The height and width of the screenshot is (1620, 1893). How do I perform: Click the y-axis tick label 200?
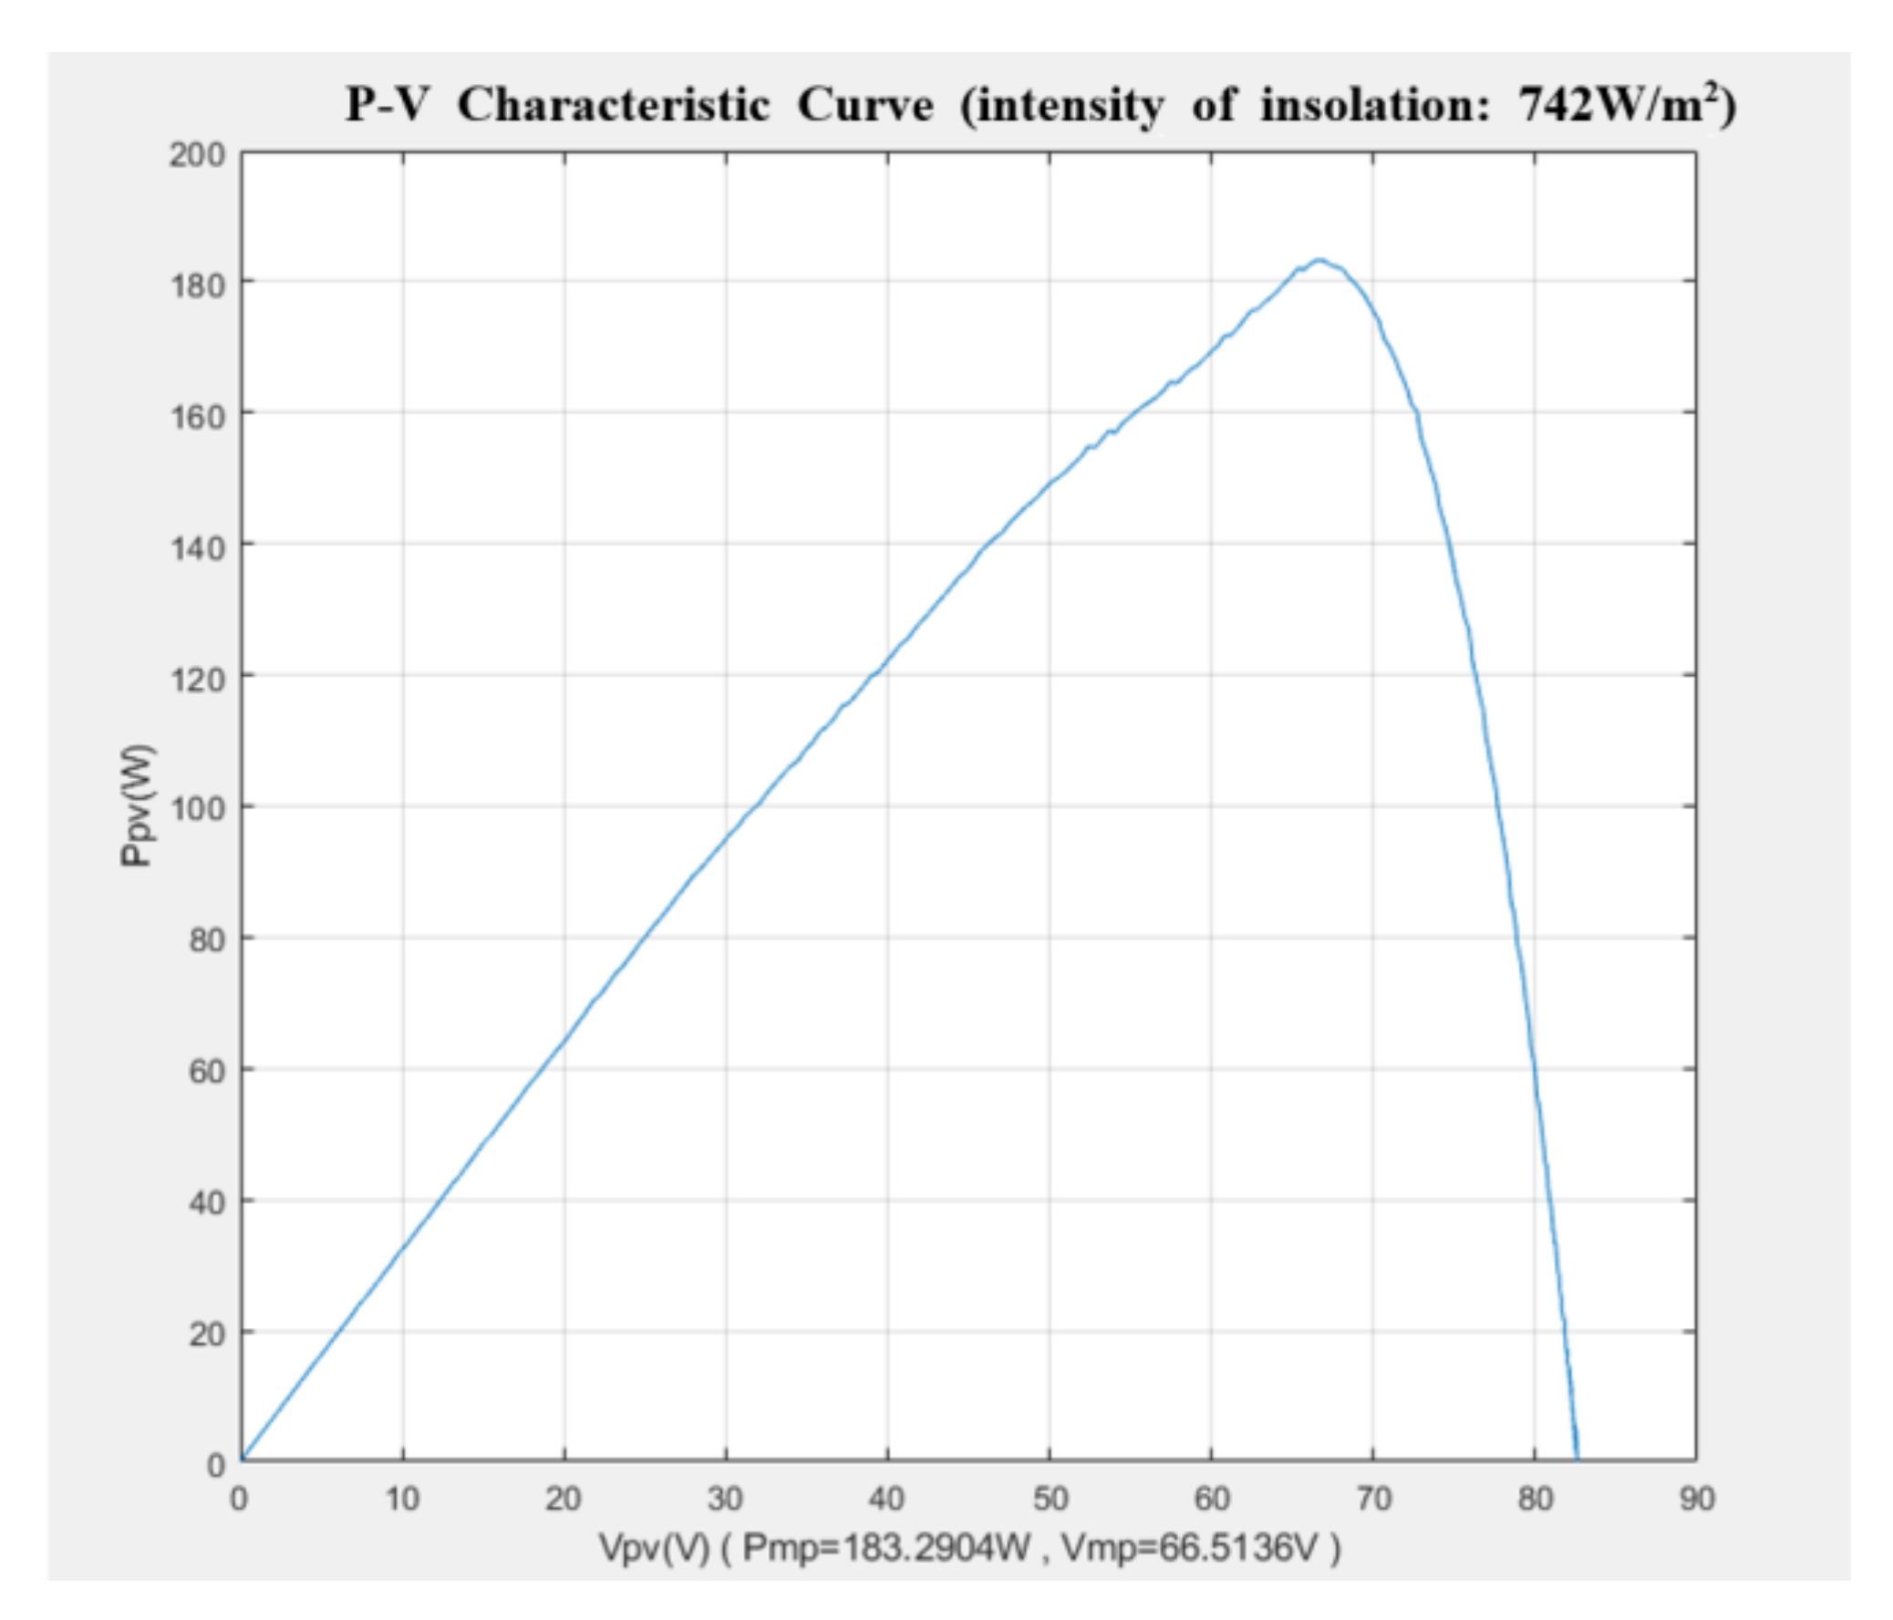pos(196,155)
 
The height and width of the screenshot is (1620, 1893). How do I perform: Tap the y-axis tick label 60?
pos(205,1071)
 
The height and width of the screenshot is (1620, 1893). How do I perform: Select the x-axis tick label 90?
pos(1697,1500)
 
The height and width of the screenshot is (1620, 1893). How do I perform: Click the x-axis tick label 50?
pos(1050,1500)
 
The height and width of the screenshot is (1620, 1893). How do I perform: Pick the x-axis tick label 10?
pos(402,1500)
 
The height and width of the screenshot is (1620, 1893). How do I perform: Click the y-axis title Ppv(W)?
pos(138,806)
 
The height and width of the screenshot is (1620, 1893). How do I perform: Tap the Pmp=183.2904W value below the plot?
pos(887,1549)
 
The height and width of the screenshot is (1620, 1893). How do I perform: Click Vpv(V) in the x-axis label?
pos(654,1549)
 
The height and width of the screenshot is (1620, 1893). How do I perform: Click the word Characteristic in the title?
pos(614,106)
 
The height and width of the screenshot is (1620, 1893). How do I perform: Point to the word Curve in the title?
pos(865,106)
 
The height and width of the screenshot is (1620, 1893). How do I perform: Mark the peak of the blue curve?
pos(1319,260)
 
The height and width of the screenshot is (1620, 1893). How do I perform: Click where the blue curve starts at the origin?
pos(243,1459)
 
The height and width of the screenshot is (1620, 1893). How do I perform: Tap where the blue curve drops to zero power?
pos(1577,1459)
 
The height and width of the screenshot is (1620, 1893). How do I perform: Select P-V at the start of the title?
pos(387,106)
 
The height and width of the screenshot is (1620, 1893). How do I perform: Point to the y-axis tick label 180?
pos(196,286)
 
